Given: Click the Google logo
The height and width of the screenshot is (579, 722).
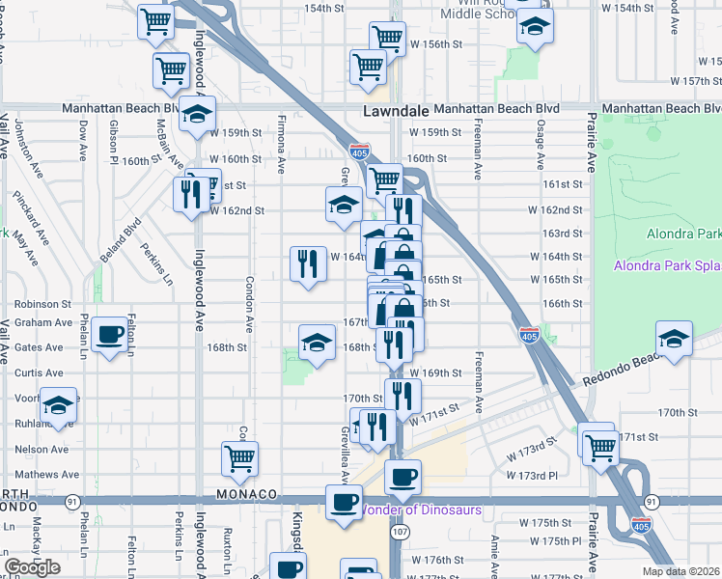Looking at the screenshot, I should [x=32, y=567].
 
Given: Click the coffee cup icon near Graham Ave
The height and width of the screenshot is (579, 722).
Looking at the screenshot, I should [x=111, y=333].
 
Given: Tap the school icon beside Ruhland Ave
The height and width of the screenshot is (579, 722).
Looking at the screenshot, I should [x=58, y=405].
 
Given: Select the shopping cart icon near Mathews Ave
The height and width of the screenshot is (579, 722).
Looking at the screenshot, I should [x=239, y=458].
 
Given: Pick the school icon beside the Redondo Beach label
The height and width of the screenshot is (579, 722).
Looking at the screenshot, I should [x=673, y=340].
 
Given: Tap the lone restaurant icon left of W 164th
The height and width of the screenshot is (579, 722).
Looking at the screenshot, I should [x=308, y=263].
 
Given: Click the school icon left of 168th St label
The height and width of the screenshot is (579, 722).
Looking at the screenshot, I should [x=318, y=342].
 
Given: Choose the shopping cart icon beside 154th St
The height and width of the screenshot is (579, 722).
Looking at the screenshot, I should [x=155, y=20].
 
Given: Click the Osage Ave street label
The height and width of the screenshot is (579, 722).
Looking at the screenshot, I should [x=541, y=144].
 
